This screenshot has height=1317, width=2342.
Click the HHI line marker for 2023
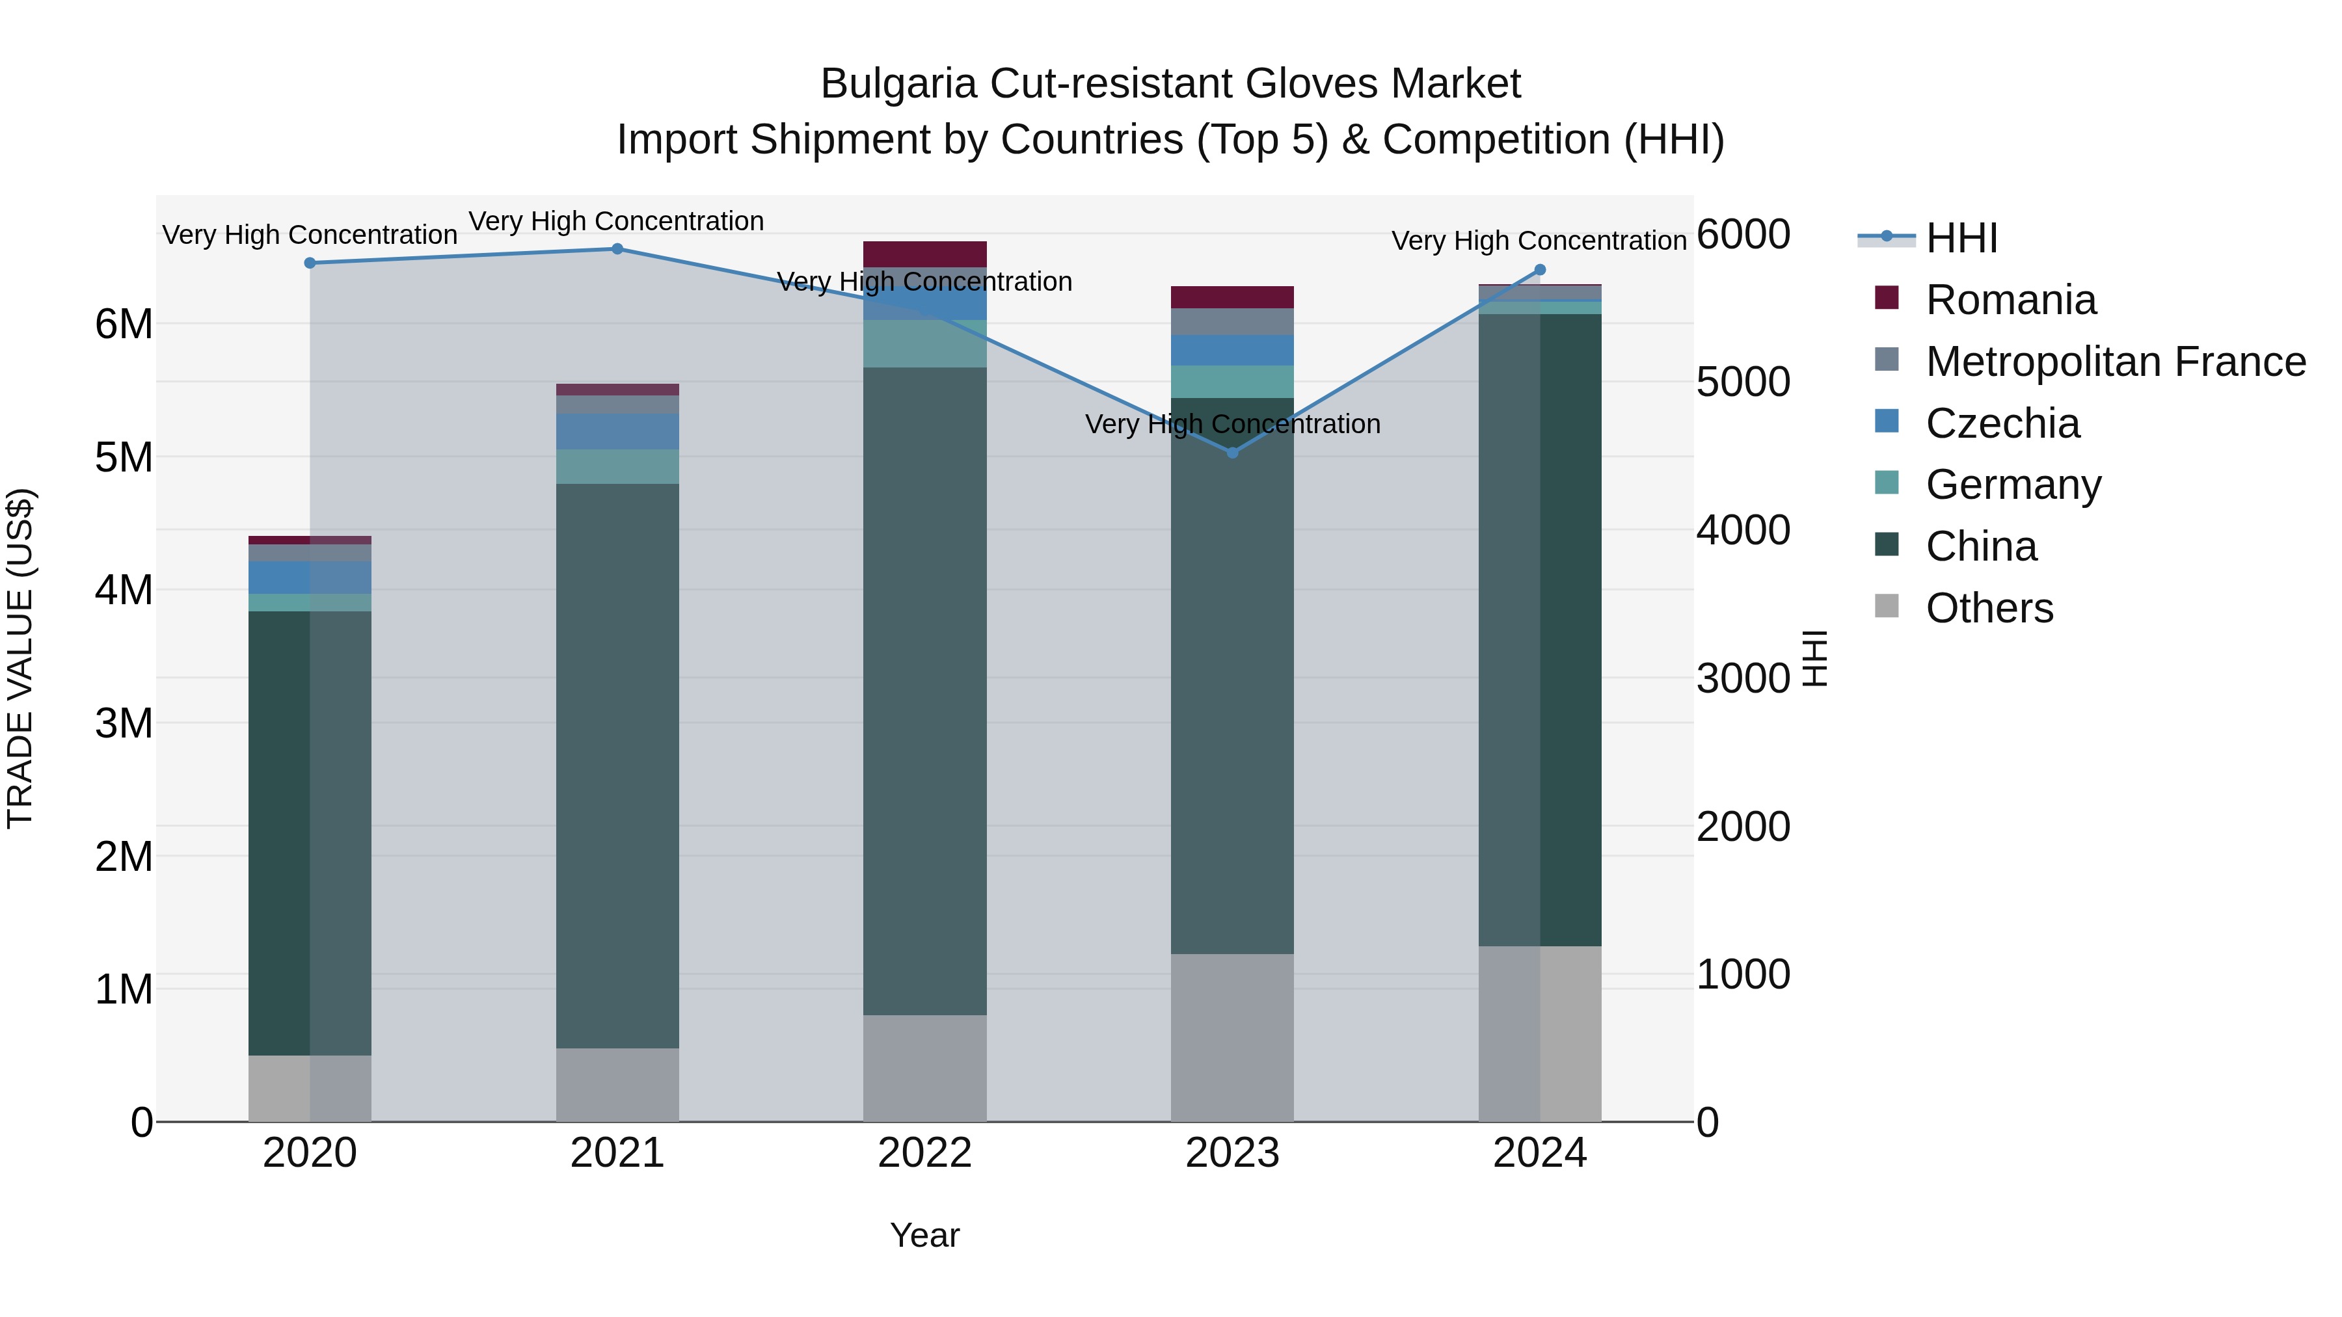[x=1233, y=453]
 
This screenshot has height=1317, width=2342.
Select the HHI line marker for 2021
[x=617, y=249]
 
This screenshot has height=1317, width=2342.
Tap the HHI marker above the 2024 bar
[x=1540, y=270]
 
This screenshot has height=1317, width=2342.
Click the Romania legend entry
[x=2010, y=300]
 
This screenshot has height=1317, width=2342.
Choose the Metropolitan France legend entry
[x=2115, y=362]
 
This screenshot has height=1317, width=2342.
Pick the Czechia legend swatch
[x=1887, y=421]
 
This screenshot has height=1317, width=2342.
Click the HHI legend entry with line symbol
[x=1961, y=238]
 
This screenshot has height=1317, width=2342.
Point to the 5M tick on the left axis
[x=124, y=457]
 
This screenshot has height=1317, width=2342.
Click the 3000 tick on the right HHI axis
[x=1743, y=679]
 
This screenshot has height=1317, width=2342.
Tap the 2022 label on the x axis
[x=924, y=1153]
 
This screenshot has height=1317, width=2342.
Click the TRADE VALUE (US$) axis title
[x=20, y=658]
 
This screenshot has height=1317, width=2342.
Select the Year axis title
[x=924, y=1235]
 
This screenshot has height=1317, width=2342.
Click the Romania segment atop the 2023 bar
[x=1232, y=297]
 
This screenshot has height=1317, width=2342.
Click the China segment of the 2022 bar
[x=924, y=691]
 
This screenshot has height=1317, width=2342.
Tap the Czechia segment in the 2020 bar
[x=309, y=577]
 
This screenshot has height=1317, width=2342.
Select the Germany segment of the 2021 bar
[x=617, y=466]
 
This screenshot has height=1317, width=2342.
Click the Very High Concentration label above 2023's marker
[x=1233, y=425]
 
